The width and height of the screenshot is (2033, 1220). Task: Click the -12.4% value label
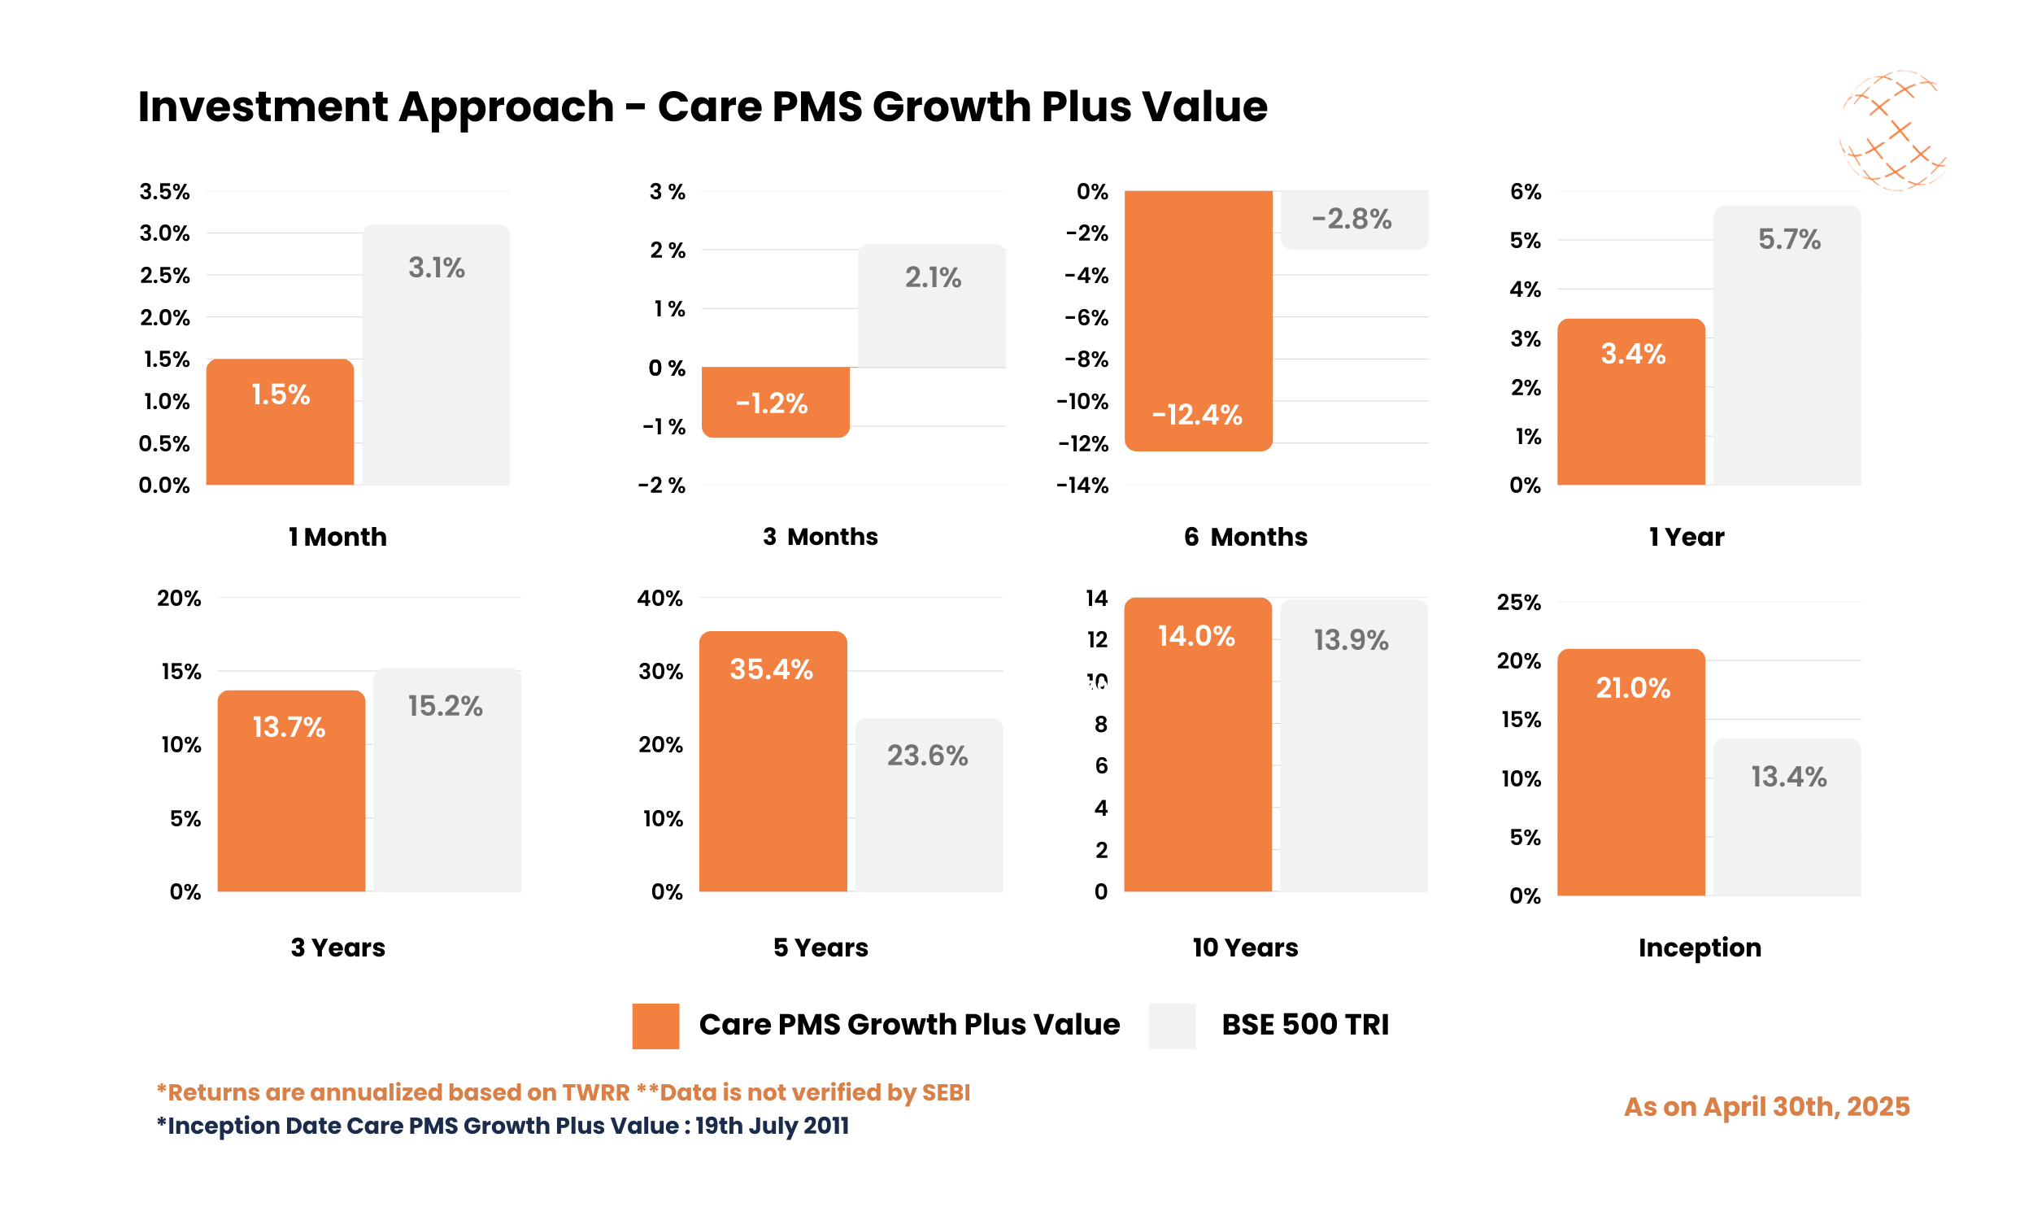(x=1196, y=414)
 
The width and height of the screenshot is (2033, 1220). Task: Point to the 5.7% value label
(x=1788, y=239)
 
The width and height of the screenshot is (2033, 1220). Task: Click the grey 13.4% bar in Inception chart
(x=1787, y=822)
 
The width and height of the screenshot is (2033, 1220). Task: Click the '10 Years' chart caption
(x=1245, y=947)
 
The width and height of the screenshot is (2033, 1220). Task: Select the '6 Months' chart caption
(x=1245, y=537)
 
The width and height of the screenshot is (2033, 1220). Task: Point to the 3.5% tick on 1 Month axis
(x=164, y=192)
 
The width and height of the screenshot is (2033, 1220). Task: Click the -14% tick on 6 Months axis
(x=1082, y=485)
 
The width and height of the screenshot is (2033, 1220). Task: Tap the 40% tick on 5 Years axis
(x=659, y=598)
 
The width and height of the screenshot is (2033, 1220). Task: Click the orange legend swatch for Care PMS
(x=655, y=1025)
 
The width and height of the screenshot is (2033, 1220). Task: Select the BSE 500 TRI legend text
(x=1304, y=1024)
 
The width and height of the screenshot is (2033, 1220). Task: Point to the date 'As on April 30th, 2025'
(x=1766, y=1107)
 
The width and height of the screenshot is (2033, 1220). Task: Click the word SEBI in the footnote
(x=946, y=1091)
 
